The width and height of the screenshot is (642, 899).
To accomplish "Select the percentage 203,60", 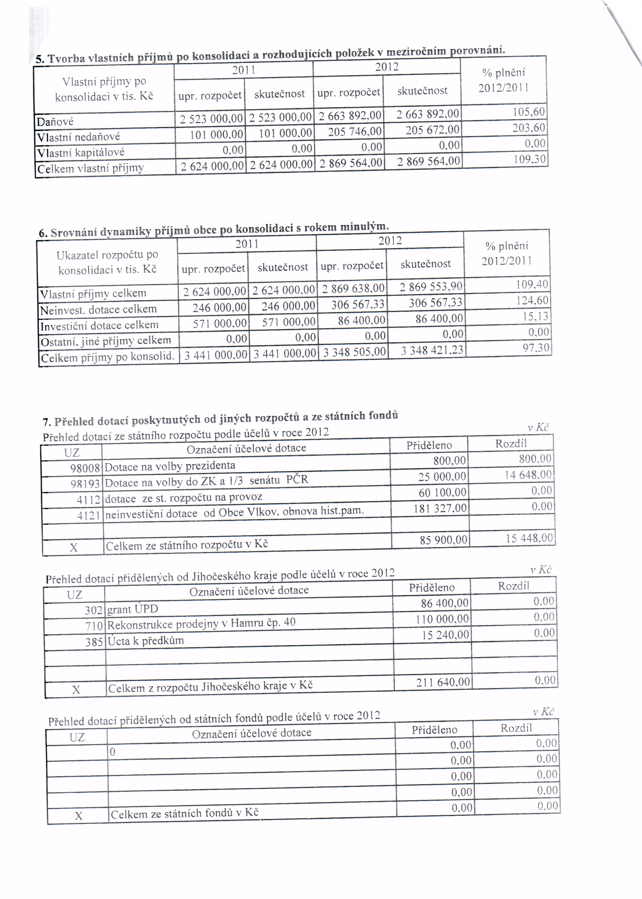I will click(529, 128).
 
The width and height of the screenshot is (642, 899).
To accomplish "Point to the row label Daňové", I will click(55, 122).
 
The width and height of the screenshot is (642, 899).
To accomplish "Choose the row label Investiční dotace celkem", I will click(99, 325).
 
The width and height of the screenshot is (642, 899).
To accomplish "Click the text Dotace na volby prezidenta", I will click(170, 466).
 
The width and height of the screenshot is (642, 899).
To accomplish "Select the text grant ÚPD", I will click(132, 609).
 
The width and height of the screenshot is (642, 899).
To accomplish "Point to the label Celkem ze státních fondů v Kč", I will click(185, 814).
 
